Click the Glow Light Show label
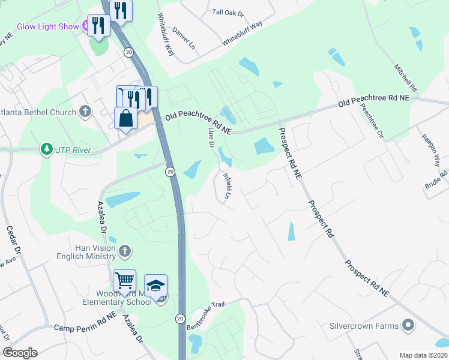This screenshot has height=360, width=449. point(47,26)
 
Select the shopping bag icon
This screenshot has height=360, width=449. point(125,118)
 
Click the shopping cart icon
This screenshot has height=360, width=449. point(124,280)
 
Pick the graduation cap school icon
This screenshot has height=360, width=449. point(155,285)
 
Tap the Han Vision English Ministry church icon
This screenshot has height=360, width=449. point(125,252)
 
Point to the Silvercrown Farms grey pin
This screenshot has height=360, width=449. point(408,326)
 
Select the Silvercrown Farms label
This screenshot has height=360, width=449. point(364,326)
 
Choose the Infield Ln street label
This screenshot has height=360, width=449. point(227,186)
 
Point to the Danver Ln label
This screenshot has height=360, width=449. point(184,38)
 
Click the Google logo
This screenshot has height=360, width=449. point(20,353)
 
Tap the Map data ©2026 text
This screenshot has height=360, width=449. point(424,355)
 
